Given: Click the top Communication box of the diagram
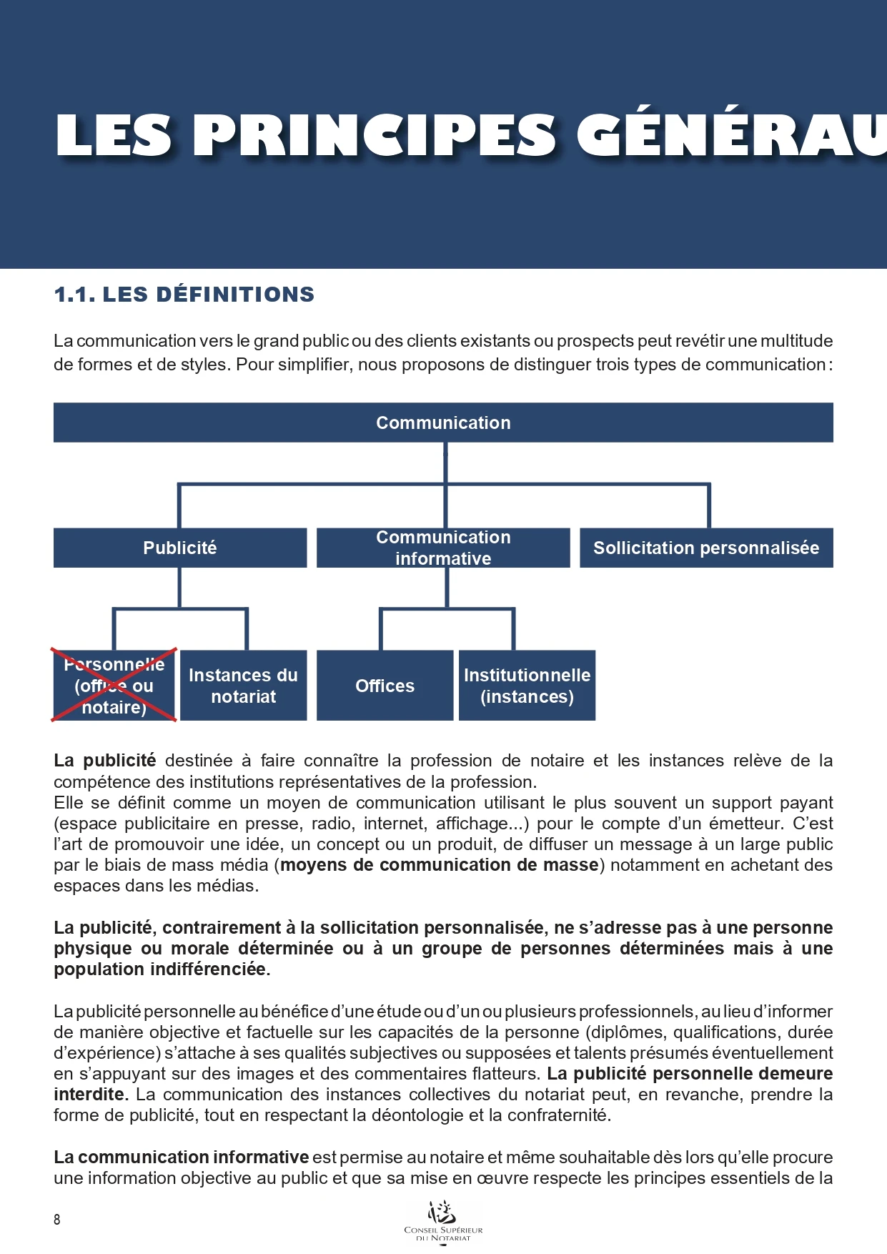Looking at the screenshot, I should click(443, 423).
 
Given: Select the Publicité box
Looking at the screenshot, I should click(180, 548).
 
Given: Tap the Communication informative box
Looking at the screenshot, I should click(443, 548).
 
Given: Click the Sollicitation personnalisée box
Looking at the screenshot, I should click(706, 548).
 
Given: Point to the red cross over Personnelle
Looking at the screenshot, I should click(114, 685).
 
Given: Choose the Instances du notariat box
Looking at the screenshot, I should click(243, 686).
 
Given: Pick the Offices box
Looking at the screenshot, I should click(385, 686).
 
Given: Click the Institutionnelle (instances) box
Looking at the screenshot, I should click(527, 686).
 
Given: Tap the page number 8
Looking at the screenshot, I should click(57, 1220).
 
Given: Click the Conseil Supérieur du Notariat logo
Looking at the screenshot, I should click(443, 1221).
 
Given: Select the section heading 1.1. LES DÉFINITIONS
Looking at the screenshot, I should click(184, 295).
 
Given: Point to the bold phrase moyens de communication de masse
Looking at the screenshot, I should click(439, 865).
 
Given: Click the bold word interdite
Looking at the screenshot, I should click(89, 1095).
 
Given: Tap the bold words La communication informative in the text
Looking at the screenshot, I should click(181, 1157).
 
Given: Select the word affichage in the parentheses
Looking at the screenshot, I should click(468, 824).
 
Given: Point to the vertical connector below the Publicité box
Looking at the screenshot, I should click(179, 588).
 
